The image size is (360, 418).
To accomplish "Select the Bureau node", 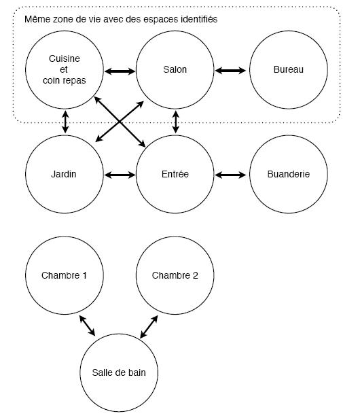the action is coord(289,70).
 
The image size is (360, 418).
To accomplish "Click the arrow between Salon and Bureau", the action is coord(230,71).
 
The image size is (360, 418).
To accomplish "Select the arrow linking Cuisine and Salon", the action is coord(120,71).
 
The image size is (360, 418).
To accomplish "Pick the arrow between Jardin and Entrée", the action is coord(120,175).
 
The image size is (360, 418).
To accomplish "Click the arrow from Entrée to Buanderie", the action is coord(230,175).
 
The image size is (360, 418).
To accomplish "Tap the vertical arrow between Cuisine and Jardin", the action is coord(65,122).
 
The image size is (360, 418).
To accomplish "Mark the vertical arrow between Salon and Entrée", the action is coord(176,122).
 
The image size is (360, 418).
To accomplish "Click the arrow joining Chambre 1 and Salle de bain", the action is coord(87,326).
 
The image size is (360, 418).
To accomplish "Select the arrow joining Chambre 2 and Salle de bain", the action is coord(149,327).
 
